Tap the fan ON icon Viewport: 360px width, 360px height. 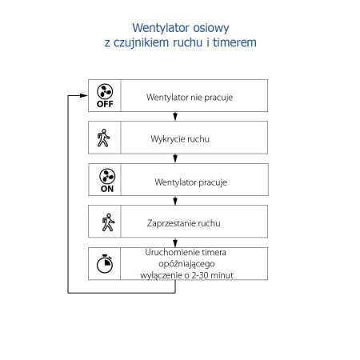click(x=105, y=180)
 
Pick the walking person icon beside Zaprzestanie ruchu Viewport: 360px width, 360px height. click(x=105, y=222)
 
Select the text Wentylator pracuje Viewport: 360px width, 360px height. click(x=190, y=182)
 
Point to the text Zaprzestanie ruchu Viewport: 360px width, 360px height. click(x=184, y=224)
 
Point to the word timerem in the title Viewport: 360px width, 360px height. click(x=236, y=42)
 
